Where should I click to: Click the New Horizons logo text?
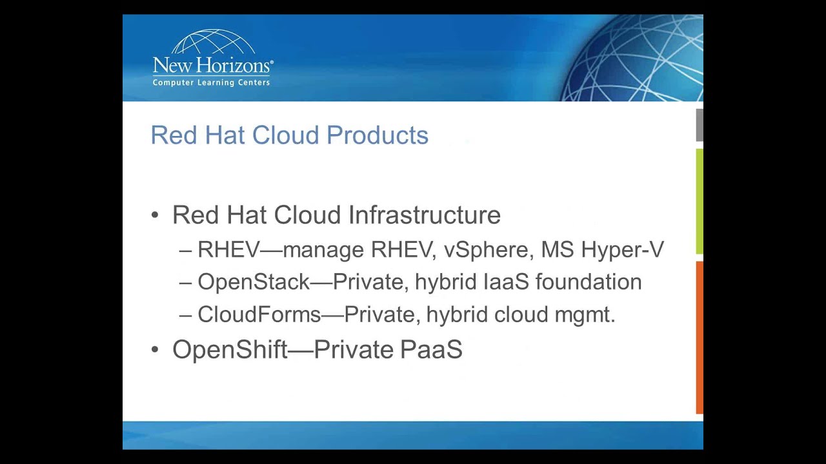(x=213, y=66)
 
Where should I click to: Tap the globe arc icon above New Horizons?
(x=213, y=42)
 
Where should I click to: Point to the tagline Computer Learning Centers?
(x=211, y=82)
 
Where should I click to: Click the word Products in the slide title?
(x=378, y=135)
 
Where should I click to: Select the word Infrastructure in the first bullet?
(x=425, y=215)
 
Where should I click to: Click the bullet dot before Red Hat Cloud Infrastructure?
(x=155, y=215)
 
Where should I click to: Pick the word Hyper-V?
(x=623, y=250)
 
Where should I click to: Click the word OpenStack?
(x=254, y=282)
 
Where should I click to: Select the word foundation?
(x=589, y=282)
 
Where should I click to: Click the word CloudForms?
(x=259, y=314)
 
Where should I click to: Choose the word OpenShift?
(x=230, y=349)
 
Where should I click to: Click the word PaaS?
(x=431, y=349)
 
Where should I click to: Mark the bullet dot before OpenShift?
(x=155, y=349)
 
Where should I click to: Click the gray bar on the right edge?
(x=700, y=125)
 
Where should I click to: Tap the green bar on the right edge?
(x=700, y=202)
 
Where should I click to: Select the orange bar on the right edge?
(x=700, y=337)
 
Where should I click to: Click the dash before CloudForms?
(x=185, y=316)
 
